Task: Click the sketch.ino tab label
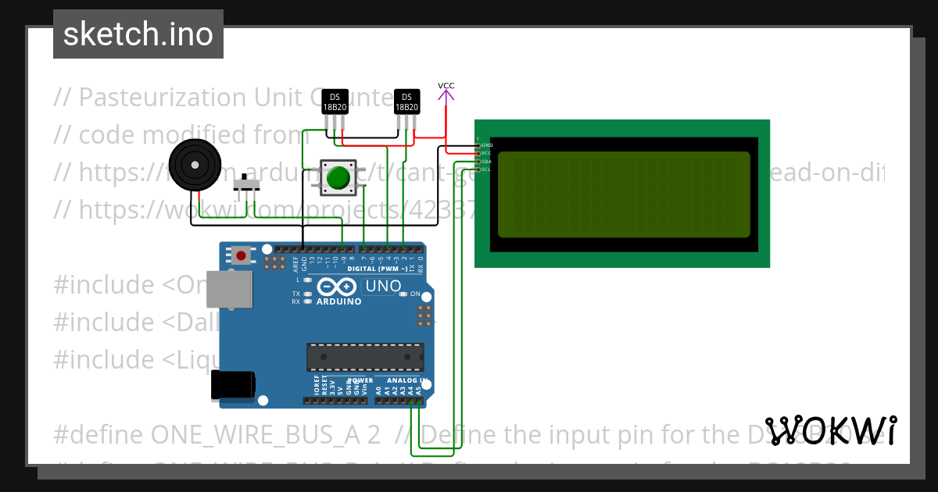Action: click(138, 34)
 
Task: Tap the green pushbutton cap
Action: click(338, 177)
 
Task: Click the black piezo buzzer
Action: click(192, 165)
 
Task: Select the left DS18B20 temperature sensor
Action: click(335, 102)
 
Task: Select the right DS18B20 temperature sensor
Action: click(406, 102)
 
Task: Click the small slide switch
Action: click(249, 185)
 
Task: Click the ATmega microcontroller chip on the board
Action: click(365, 357)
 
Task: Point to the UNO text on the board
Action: click(383, 287)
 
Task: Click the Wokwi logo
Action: click(831, 430)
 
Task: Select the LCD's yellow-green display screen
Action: click(623, 194)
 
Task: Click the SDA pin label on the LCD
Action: click(485, 162)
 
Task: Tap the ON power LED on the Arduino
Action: click(403, 294)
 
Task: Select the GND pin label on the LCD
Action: click(486, 145)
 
